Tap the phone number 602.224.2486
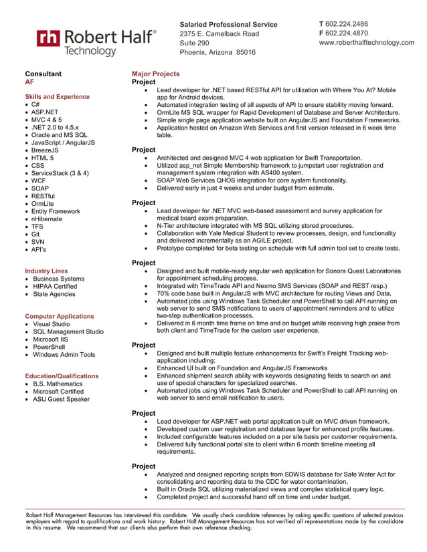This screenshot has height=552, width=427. tap(347, 24)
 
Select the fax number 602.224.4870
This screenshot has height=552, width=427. tap(347, 33)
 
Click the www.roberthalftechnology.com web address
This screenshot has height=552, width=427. tap(366, 43)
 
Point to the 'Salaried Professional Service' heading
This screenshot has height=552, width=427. tap(228, 25)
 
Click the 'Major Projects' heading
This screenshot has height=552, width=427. tap(155, 74)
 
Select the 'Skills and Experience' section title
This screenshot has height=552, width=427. tap(57, 97)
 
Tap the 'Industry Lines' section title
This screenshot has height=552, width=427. tap(46, 271)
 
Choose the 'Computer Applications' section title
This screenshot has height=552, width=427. tap(60, 316)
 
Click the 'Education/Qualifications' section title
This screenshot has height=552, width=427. tap(62, 376)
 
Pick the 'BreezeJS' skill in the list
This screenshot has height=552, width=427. tap(45, 150)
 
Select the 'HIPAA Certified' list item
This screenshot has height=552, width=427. tap(55, 286)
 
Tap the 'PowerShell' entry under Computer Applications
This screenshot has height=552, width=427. tap(50, 347)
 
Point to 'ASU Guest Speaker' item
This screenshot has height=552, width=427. tap(61, 399)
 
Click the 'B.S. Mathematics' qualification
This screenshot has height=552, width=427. tap(58, 384)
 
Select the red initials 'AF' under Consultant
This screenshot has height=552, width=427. tap(29, 82)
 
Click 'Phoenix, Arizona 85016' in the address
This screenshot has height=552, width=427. tap(218, 52)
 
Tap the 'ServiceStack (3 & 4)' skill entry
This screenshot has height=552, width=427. tap(60, 173)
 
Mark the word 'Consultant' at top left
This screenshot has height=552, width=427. tap(44, 74)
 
